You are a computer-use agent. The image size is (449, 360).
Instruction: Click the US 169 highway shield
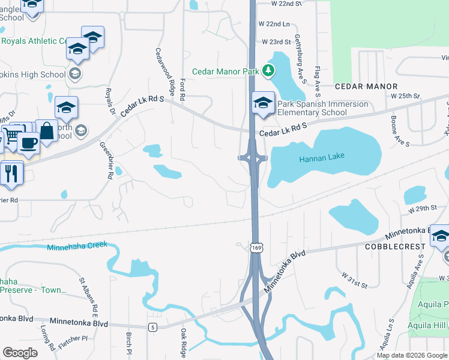(x=257, y=248)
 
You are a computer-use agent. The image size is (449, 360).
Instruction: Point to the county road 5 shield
(x=153, y=327)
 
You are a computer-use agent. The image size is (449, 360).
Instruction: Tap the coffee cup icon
(x=28, y=143)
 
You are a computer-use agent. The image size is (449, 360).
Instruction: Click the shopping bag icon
(x=46, y=130)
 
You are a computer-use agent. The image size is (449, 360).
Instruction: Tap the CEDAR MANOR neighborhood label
(x=366, y=87)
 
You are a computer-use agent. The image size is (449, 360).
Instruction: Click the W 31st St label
(x=354, y=280)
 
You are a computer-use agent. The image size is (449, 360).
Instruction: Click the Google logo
(x=20, y=353)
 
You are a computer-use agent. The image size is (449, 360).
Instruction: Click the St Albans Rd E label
(x=87, y=297)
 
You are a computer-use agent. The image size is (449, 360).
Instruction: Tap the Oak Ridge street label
(x=184, y=343)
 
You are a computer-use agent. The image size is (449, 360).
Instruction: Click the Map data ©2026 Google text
(x=411, y=355)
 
